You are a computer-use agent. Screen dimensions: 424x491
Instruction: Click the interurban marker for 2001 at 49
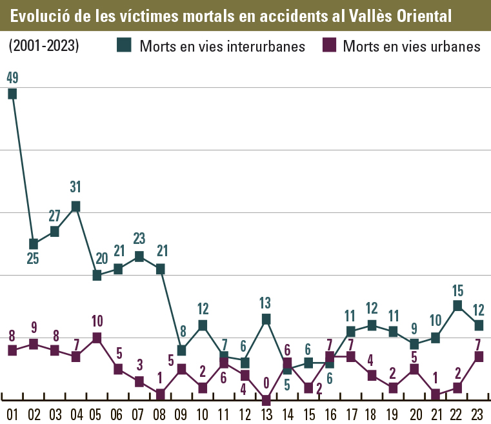click(12, 94)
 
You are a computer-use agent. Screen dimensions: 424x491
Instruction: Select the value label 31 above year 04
click(75, 187)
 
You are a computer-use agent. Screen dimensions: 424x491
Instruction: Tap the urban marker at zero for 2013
click(266, 400)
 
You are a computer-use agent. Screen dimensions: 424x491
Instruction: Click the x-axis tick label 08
click(160, 414)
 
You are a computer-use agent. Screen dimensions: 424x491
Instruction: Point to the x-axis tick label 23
click(478, 414)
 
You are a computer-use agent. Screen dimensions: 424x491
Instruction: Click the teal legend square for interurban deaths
click(124, 45)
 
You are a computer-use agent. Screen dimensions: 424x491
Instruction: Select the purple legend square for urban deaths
click(330, 45)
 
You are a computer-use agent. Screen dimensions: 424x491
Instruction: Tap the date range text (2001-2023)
click(44, 46)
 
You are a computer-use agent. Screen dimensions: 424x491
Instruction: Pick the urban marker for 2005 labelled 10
click(97, 338)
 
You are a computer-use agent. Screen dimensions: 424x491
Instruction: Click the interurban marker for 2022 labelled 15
click(457, 306)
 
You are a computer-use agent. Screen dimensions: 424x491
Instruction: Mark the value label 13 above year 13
click(266, 301)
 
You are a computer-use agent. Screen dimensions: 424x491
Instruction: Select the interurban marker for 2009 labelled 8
click(181, 350)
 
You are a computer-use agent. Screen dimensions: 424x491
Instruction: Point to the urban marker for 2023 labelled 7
click(478, 356)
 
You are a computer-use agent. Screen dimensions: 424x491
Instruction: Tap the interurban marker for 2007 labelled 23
click(139, 256)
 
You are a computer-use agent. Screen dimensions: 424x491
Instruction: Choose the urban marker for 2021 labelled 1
click(436, 394)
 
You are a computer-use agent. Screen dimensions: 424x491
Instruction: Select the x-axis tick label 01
click(12, 414)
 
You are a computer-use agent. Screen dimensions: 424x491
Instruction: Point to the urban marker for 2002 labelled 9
click(33, 344)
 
